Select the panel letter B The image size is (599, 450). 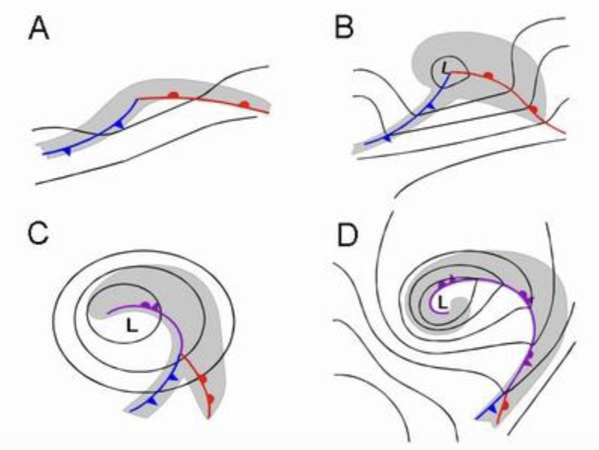point(345,29)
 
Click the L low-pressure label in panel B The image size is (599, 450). point(445,69)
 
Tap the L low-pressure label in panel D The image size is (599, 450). point(441,301)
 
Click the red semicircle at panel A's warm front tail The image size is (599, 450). point(245,104)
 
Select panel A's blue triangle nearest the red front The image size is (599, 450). point(119,124)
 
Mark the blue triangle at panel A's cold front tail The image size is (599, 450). point(68,151)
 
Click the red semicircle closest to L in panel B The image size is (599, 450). point(488,75)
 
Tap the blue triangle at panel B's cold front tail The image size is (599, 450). point(388,138)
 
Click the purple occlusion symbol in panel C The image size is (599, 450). point(150,307)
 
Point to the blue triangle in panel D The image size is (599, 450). point(492,408)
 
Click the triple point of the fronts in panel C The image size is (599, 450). point(182,356)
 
